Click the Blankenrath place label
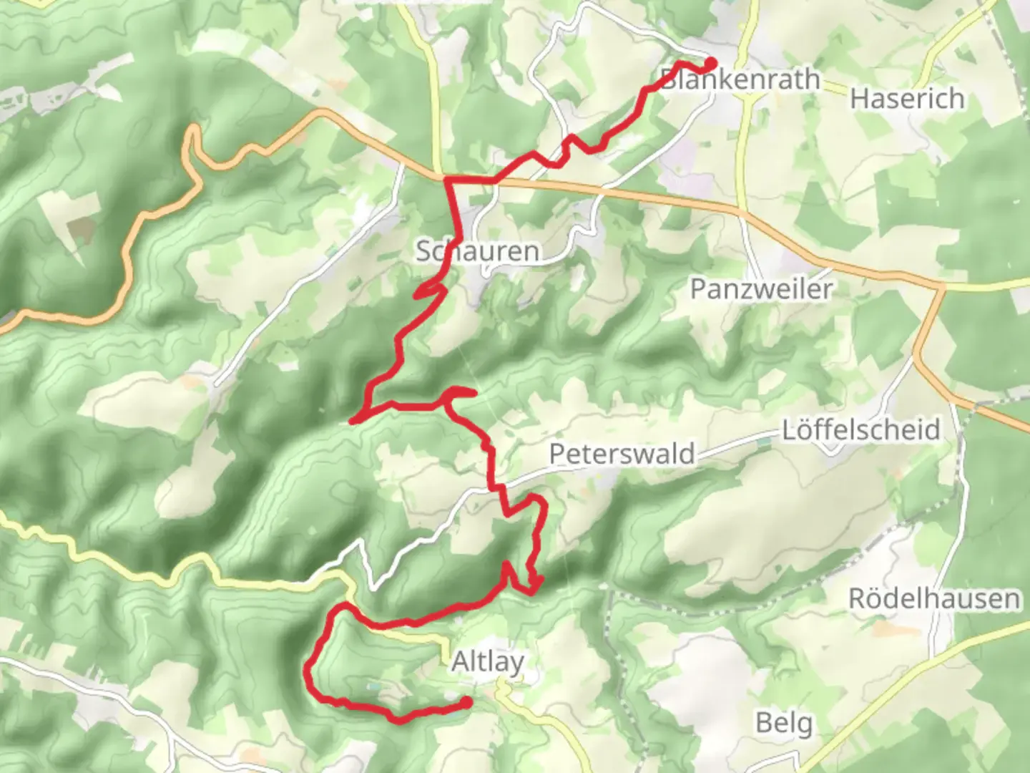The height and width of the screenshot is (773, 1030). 740,79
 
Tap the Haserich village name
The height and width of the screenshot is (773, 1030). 907,98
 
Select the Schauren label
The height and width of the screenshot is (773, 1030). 478,251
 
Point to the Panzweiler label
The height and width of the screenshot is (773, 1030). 761,289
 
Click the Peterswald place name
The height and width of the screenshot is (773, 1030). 622,454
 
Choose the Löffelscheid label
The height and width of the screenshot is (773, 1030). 860,430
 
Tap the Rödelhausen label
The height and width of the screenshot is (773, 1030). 934,598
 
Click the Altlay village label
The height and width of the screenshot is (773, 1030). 488,662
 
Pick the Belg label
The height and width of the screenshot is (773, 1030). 784,723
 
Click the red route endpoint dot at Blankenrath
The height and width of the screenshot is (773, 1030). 710,63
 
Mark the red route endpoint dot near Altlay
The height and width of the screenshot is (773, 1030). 466,704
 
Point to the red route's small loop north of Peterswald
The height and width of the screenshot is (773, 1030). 459,394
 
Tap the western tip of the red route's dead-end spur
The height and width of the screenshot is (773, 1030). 351,422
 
